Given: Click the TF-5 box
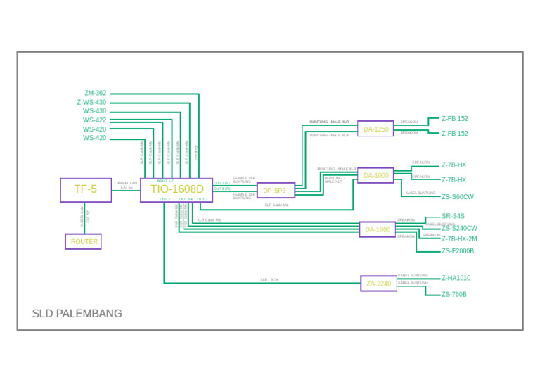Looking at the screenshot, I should coord(86,190).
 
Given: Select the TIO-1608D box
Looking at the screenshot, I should coord(176,189).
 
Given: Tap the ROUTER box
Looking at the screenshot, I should coord(84,241).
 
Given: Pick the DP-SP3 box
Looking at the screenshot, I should coord(275,191).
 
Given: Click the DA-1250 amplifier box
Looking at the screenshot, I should coord(375,129).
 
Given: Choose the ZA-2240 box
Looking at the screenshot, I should coord(378,284).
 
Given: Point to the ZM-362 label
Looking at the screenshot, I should coord(96,93).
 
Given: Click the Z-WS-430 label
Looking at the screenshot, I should coord(92,102).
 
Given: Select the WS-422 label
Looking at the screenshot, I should coord(95,120).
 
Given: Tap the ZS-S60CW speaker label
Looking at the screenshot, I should coord(458,197).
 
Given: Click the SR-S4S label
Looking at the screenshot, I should coord(453,216).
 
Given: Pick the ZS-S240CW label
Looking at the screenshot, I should coord(460,229).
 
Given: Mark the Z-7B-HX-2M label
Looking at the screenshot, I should coord(459,239).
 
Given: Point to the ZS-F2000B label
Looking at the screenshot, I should coord(458,251).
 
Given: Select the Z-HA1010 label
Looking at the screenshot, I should coord(456,278).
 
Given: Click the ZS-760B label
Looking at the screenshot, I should coord(454,295).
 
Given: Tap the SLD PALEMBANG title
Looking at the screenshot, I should coord(77,314).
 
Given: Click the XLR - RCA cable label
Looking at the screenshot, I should coord(269,280).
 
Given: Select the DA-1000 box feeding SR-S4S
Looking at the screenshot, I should coord(377,229).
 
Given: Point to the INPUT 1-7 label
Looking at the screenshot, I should coord(165,182).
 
